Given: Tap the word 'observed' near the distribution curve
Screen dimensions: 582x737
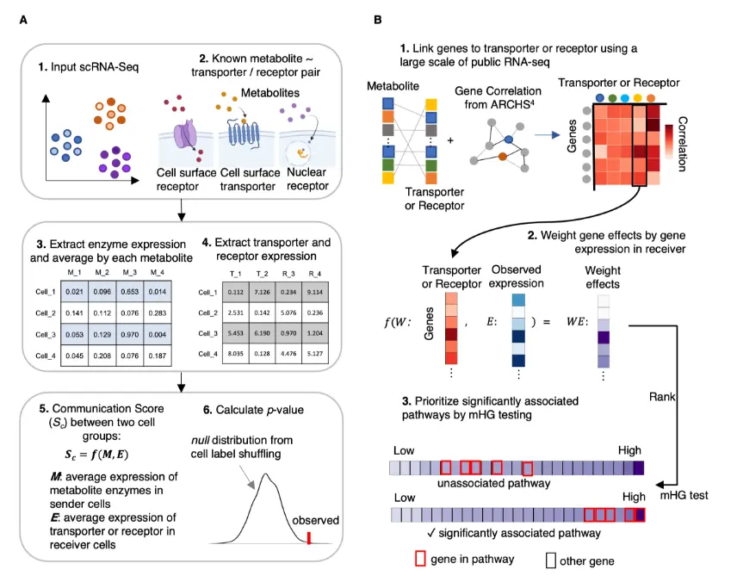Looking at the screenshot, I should pyautogui.click(x=316, y=520).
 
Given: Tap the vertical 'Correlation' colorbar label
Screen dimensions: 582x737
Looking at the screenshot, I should pyautogui.click(x=683, y=142).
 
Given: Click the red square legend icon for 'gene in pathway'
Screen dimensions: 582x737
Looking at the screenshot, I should pyautogui.click(x=421, y=559).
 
